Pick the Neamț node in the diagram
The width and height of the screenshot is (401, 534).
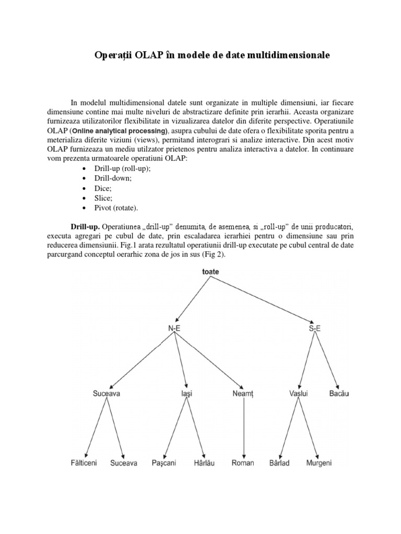tap(243, 394)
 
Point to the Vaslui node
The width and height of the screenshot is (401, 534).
tap(298, 394)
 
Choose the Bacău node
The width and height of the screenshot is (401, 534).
tap(339, 394)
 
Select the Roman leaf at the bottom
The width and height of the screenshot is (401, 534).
tap(243, 463)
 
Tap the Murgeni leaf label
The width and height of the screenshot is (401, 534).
tap(319, 463)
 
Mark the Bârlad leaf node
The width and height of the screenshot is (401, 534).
tap(279, 463)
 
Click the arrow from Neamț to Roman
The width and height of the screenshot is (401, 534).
tap(243, 428)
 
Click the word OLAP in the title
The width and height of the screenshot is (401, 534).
tap(149, 55)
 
